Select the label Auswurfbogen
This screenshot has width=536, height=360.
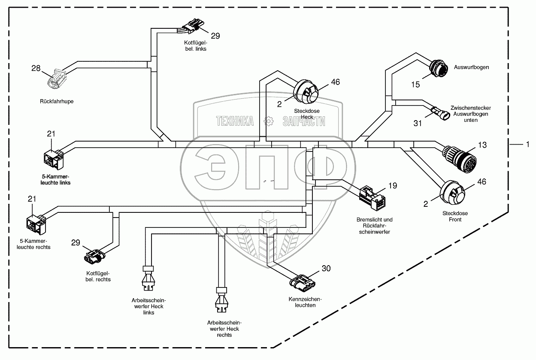click(471, 67)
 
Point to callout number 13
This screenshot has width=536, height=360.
click(482, 145)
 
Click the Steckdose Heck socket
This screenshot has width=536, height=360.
click(307, 91)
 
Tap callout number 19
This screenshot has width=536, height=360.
click(393, 186)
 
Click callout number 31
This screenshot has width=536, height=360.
click(418, 123)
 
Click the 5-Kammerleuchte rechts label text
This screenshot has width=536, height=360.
click(35, 244)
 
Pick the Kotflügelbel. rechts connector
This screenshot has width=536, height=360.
click(94, 256)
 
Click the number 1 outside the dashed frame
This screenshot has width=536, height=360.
click(527, 145)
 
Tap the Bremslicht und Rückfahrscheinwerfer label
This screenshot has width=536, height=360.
click(375, 226)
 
